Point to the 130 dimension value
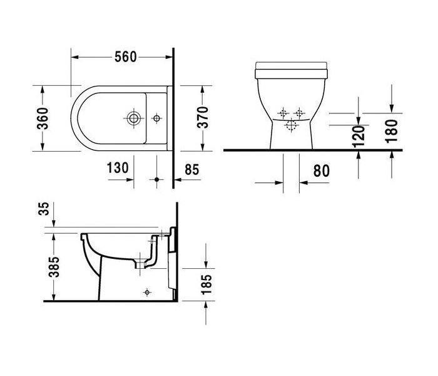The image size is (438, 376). (x=118, y=167)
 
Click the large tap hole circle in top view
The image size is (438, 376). (x=133, y=117)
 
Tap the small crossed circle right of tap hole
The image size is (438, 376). (x=156, y=117)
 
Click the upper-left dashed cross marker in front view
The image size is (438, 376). (x=283, y=113)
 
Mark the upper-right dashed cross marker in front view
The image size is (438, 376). (x=299, y=113)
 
